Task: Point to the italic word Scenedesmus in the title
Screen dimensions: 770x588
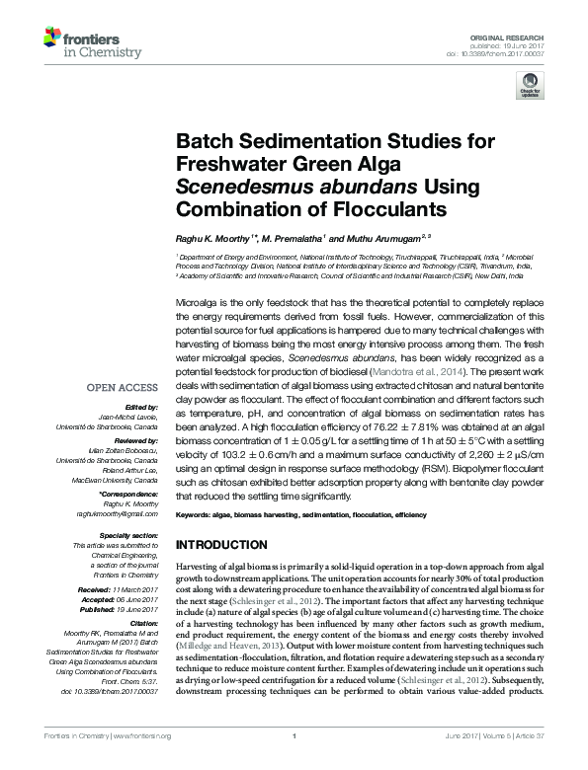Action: (233, 188)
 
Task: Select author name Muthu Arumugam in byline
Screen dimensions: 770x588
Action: (383, 239)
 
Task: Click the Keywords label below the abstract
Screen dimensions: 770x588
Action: (194, 515)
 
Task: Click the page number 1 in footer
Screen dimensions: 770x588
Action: (294, 763)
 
